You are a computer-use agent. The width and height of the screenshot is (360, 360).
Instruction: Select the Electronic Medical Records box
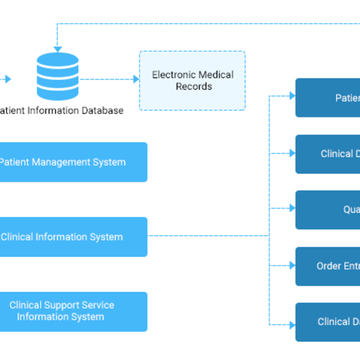(x=193, y=80)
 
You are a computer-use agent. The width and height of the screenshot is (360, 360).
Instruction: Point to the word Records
(x=194, y=86)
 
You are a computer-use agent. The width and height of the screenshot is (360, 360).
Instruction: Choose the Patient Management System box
(x=72, y=162)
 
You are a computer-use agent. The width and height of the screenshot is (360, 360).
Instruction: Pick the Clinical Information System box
(x=72, y=237)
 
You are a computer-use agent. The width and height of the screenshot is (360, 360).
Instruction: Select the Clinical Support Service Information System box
(x=72, y=311)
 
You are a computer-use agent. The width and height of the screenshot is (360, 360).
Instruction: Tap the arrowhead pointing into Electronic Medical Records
(x=136, y=79)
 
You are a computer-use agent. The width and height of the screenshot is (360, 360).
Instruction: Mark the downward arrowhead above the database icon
(x=58, y=49)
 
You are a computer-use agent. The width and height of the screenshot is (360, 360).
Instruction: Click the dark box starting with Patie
(x=328, y=98)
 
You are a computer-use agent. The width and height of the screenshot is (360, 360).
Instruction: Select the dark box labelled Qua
(x=328, y=210)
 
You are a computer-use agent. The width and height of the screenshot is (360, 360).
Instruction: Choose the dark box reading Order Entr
(x=328, y=266)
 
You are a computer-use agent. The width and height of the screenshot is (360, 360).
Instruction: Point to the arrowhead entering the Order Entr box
(x=292, y=266)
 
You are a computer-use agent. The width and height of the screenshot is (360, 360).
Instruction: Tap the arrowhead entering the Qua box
(x=292, y=208)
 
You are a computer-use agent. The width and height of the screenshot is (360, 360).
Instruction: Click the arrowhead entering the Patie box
(x=292, y=96)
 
